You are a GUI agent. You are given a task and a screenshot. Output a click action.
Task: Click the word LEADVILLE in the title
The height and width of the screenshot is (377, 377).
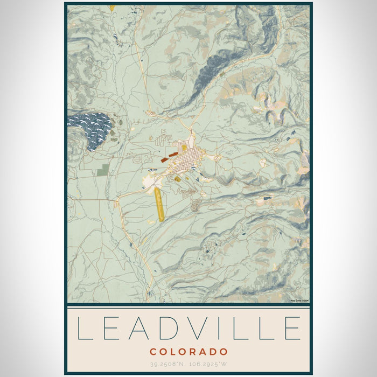point(188,328)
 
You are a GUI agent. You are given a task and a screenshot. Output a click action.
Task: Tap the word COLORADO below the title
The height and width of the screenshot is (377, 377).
point(188,352)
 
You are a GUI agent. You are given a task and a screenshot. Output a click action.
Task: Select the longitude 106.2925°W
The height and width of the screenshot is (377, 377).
point(210,364)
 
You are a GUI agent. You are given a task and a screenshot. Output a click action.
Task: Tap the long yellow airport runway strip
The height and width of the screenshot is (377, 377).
point(159,205)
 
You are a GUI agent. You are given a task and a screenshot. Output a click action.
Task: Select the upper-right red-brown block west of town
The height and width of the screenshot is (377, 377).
point(173,155)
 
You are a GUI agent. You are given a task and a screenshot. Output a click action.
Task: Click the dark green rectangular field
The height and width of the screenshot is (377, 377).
point(103,170)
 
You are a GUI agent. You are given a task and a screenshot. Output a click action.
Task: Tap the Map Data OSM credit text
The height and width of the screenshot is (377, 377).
point(299,301)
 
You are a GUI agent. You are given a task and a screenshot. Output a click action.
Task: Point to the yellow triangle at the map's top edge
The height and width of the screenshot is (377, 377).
point(112,8)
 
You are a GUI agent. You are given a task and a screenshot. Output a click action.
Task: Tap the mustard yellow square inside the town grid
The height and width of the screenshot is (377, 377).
point(184,147)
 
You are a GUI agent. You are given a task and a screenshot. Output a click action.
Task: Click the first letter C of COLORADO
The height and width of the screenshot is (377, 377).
point(153,352)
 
